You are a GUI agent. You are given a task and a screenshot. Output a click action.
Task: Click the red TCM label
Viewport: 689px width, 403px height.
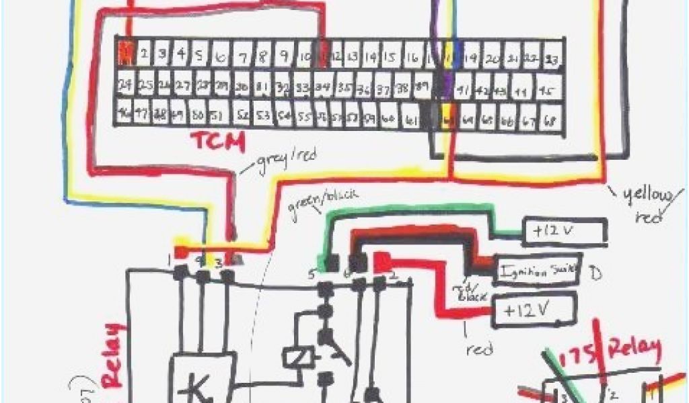pyautogui.click(x=217, y=142)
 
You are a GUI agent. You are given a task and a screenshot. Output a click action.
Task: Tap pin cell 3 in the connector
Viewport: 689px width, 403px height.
pyautogui.click(x=160, y=54)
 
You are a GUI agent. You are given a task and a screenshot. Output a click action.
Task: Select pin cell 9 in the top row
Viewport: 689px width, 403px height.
pyautogui.click(x=285, y=54)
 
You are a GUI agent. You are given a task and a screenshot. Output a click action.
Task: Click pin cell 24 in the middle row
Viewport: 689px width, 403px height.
pyautogui.click(x=124, y=85)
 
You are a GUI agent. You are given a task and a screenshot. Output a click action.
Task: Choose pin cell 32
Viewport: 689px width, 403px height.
pyautogui.click(x=283, y=88)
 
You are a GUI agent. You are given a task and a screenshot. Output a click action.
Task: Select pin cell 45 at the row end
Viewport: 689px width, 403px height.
pyautogui.click(x=547, y=91)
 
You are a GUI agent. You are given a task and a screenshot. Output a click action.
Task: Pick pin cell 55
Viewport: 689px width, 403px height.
pyautogui.click(x=304, y=117)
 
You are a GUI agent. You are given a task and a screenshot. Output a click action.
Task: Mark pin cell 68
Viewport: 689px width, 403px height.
pyautogui.click(x=550, y=122)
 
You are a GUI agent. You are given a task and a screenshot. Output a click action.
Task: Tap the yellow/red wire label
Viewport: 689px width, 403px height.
pyautogui.click(x=648, y=204)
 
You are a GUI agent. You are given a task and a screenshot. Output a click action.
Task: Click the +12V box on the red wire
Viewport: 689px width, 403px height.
pyautogui.click(x=535, y=310)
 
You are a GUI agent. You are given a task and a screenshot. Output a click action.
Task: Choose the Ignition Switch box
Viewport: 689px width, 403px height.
pyautogui.click(x=538, y=269)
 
